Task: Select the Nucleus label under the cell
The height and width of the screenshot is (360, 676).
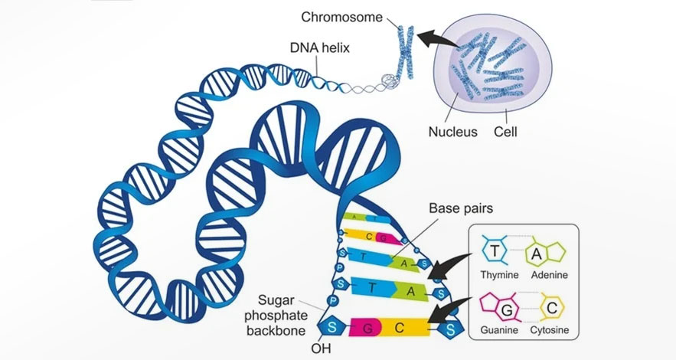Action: pos(453,132)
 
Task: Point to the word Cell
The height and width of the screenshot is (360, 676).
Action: pos(505,132)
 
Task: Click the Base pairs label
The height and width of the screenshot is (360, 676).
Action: pos(459,208)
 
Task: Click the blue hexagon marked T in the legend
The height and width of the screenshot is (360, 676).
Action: pos(496,251)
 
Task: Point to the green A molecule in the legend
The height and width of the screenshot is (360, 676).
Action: pos(550,252)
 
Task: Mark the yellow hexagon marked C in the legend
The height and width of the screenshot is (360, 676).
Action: pos(554,308)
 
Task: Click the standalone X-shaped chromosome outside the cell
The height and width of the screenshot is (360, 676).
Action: pos(403,50)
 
